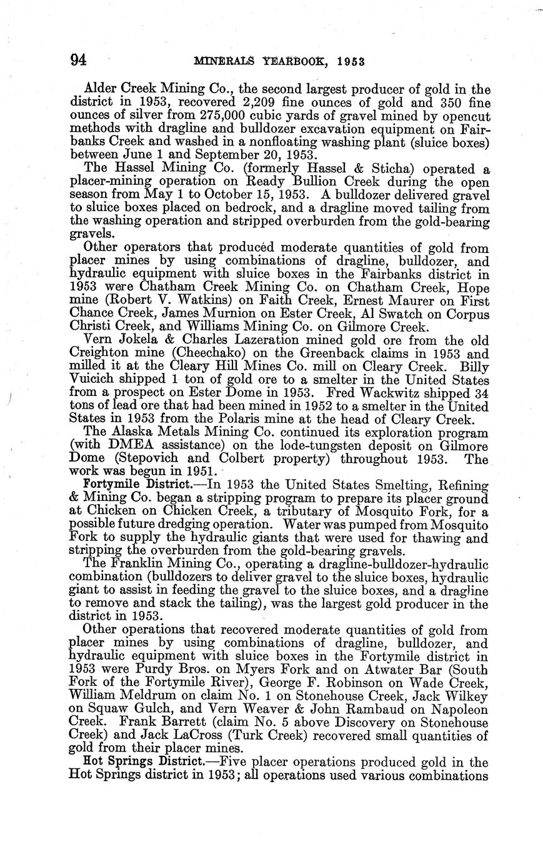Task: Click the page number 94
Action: (x=78, y=60)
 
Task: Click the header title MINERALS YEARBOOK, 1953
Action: (x=279, y=61)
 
